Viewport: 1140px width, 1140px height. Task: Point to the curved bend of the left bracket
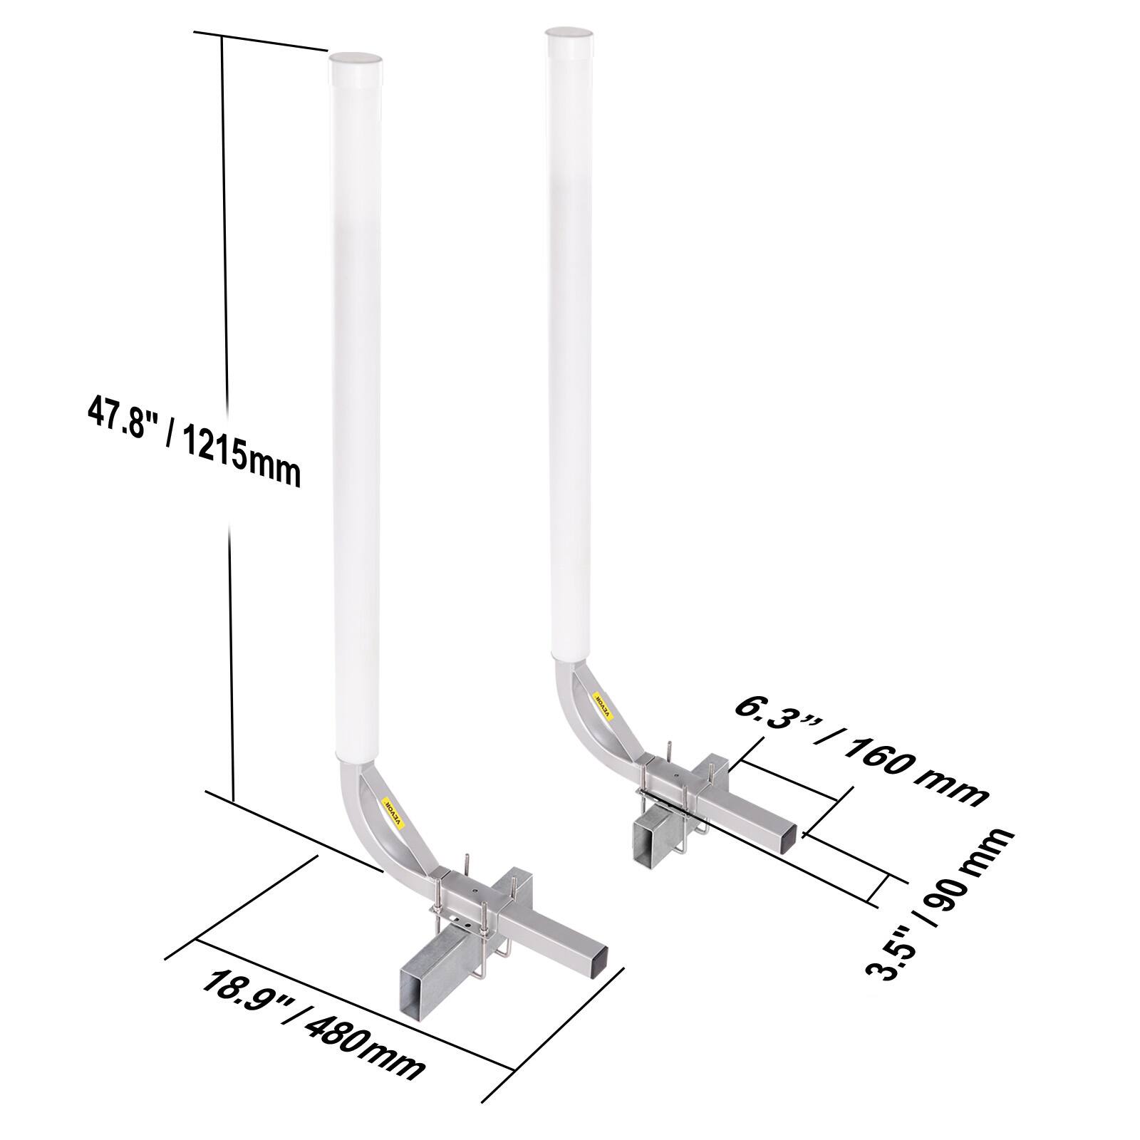(x=370, y=826)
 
